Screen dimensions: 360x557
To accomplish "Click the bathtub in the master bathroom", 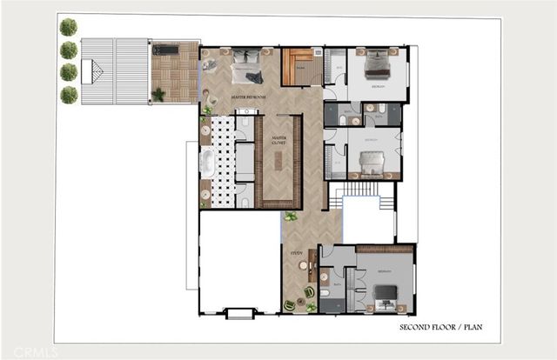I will pyautogui.click(x=207, y=163).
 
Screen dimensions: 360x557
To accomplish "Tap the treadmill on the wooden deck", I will pyautogui.click(x=165, y=50).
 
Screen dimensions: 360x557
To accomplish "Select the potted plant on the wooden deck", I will pyautogui.click(x=158, y=94).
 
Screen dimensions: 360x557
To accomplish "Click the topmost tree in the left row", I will pyautogui.click(x=68, y=28).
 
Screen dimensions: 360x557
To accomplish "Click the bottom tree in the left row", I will pyautogui.click(x=68, y=94).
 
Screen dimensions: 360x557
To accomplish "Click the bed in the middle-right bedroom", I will pyautogui.click(x=372, y=162).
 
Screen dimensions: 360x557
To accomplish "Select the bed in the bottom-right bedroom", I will pyautogui.click(x=386, y=291).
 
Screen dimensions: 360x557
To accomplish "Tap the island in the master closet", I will pyautogui.click(x=279, y=162).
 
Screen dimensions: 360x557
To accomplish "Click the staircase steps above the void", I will pyautogui.click(x=353, y=189).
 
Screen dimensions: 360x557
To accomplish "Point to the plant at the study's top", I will pyautogui.click(x=291, y=217).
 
